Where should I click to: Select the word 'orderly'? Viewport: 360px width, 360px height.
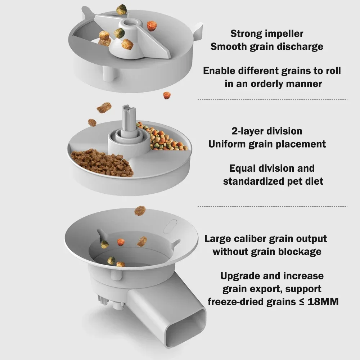[x=271, y=84]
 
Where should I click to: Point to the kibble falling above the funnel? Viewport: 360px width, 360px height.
[x=140, y=211]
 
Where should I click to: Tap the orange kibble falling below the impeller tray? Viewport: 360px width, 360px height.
[x=167, y=95]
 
